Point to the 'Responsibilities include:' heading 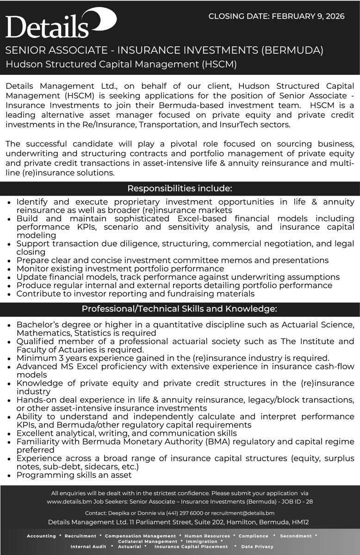[180, 188]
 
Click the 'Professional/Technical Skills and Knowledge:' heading [180, 308]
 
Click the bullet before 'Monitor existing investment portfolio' [10, 269]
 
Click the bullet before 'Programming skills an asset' [10, 475]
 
